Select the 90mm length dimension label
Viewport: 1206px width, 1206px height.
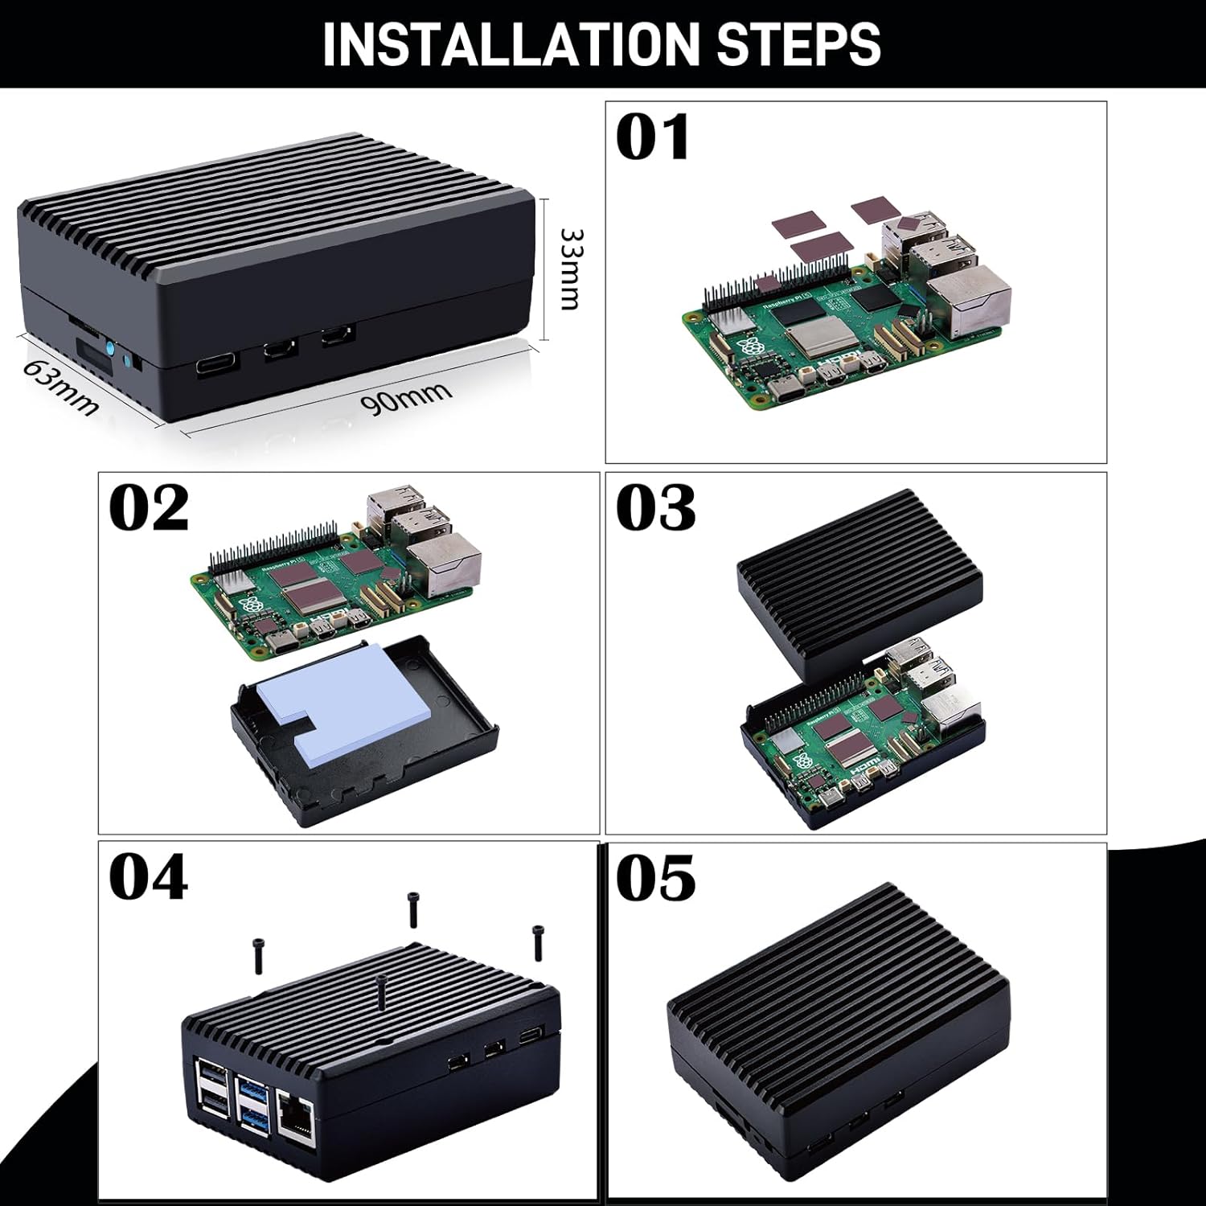406,398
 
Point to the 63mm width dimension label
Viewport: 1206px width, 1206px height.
60,387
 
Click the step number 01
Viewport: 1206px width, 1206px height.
652,137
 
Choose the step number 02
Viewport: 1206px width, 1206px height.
149,508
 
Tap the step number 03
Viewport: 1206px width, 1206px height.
655,508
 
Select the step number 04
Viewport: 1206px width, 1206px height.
149,878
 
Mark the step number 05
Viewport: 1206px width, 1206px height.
655,878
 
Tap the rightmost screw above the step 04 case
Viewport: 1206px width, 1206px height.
538,942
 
